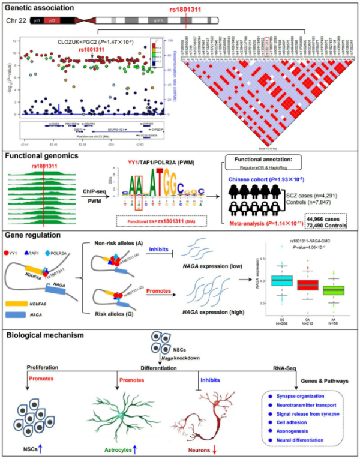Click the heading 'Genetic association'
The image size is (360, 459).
(40, 8)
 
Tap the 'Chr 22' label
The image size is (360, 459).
(24, 20)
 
